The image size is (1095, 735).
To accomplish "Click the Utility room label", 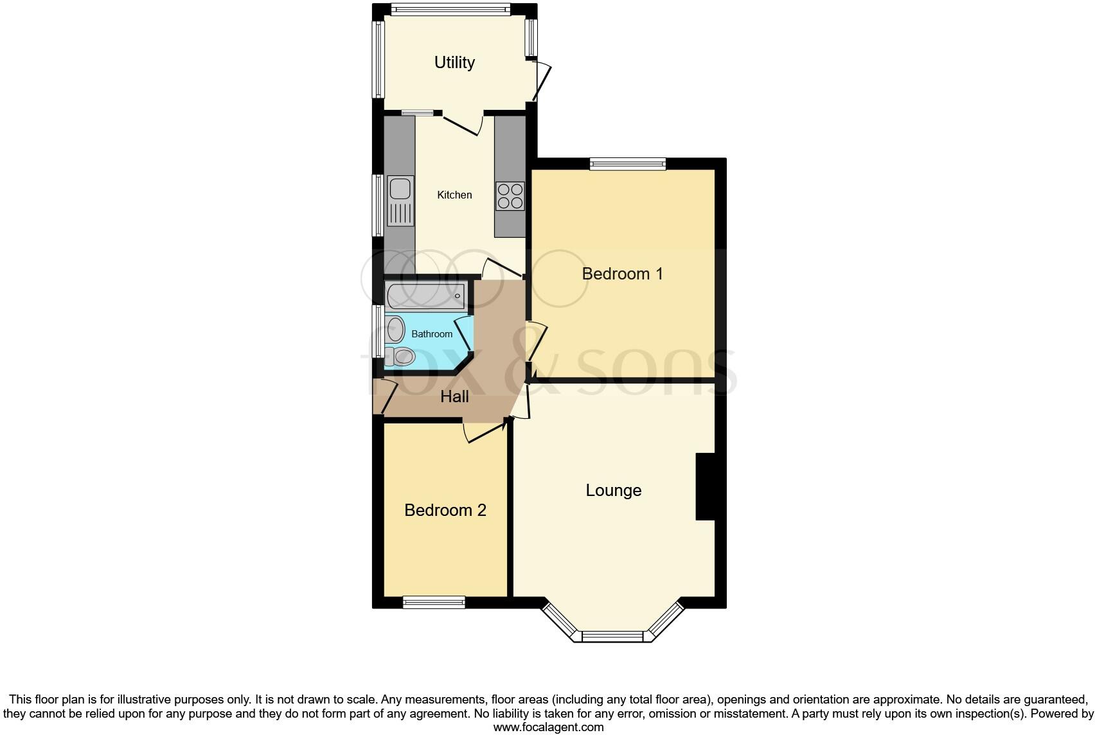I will coord(454,62).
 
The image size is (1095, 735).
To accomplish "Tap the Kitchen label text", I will coord(454,195).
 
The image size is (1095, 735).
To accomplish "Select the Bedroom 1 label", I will coord(622,274).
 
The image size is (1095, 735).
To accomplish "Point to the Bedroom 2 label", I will coord(445,510).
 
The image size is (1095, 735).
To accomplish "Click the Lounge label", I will coord(613,490).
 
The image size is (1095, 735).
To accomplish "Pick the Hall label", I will coord(454,396).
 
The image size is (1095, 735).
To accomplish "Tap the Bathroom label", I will coord(432,334).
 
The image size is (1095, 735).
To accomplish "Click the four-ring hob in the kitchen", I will coord(510,196).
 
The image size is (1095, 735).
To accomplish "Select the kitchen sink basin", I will coord(400,189).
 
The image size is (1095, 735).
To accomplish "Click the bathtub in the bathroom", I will coord(425,296).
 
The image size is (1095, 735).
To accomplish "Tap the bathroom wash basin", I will coord(394,330).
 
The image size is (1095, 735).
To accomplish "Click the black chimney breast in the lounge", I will coord(706,486).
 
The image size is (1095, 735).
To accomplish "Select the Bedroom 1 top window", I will coord(628,164).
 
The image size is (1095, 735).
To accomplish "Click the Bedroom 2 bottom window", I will coord(434,602).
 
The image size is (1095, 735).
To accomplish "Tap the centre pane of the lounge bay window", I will coord(612,636).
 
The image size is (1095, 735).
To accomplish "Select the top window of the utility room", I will coord(450,10).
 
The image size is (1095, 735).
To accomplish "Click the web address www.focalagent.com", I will coord(548,727).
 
